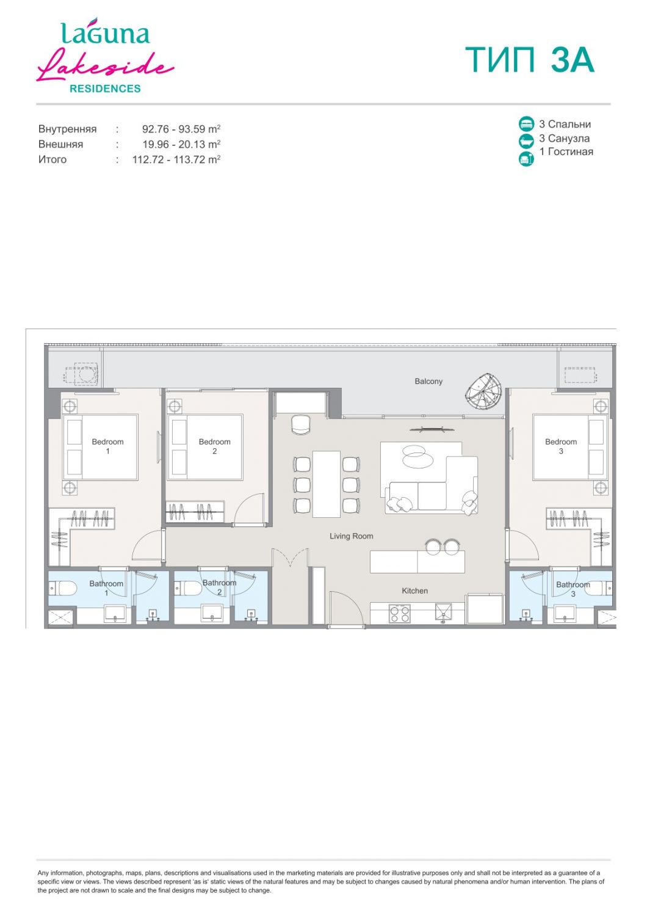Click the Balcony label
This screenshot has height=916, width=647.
pos(428,381)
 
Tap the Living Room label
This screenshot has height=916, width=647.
pos(351,536)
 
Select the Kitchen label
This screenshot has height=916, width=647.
pos(414,591)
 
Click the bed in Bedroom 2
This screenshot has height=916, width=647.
pos(205,446)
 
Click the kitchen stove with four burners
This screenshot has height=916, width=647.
pos(399,613)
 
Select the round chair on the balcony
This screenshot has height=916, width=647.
pos(484,391)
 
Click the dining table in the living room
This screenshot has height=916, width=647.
pos(327,484)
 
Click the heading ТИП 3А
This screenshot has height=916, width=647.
pos(530,60)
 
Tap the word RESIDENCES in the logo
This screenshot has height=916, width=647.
pos(105,89)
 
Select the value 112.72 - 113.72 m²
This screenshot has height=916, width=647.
pos(176,159)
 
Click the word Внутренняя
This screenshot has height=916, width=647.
pos(67,129)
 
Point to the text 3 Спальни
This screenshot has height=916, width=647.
pos(565,125)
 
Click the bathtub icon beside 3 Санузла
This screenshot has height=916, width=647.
pos(526,141)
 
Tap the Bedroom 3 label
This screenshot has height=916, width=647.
pos(561,446)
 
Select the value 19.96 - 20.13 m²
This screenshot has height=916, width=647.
pos(181,144)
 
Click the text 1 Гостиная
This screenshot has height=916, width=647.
pos(566,151)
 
